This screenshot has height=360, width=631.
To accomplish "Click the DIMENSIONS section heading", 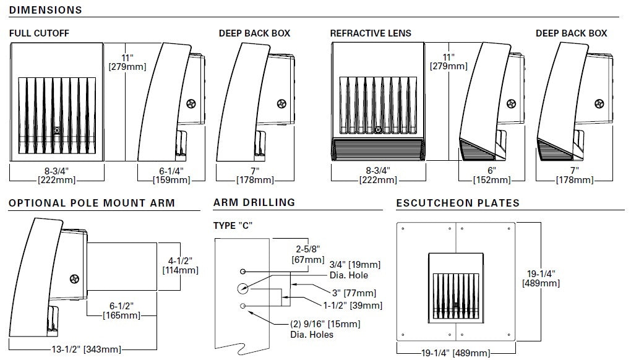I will pos(46,11).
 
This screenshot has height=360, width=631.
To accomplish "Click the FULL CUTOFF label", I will pos(39,33).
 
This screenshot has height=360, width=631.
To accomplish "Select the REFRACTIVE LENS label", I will pos(371,33).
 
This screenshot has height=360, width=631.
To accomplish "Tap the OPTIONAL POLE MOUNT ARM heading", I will pos(92,203).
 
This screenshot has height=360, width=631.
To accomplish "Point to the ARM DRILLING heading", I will pos(254,202).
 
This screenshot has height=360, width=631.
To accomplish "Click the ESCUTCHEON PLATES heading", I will pos(458,203).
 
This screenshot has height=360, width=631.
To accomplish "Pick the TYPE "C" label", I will pos(233,225).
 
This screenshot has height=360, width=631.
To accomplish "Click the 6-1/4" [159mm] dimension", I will pos(170,175).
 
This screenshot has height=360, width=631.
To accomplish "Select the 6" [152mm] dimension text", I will pos(492,175).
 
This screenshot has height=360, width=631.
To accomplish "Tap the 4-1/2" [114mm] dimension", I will pos(180,265).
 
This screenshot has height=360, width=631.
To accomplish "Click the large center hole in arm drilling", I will pos(242,288).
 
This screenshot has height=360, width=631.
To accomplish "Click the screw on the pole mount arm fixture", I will pos(76,279).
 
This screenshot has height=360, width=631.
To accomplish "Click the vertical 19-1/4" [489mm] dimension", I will pos(541,278).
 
